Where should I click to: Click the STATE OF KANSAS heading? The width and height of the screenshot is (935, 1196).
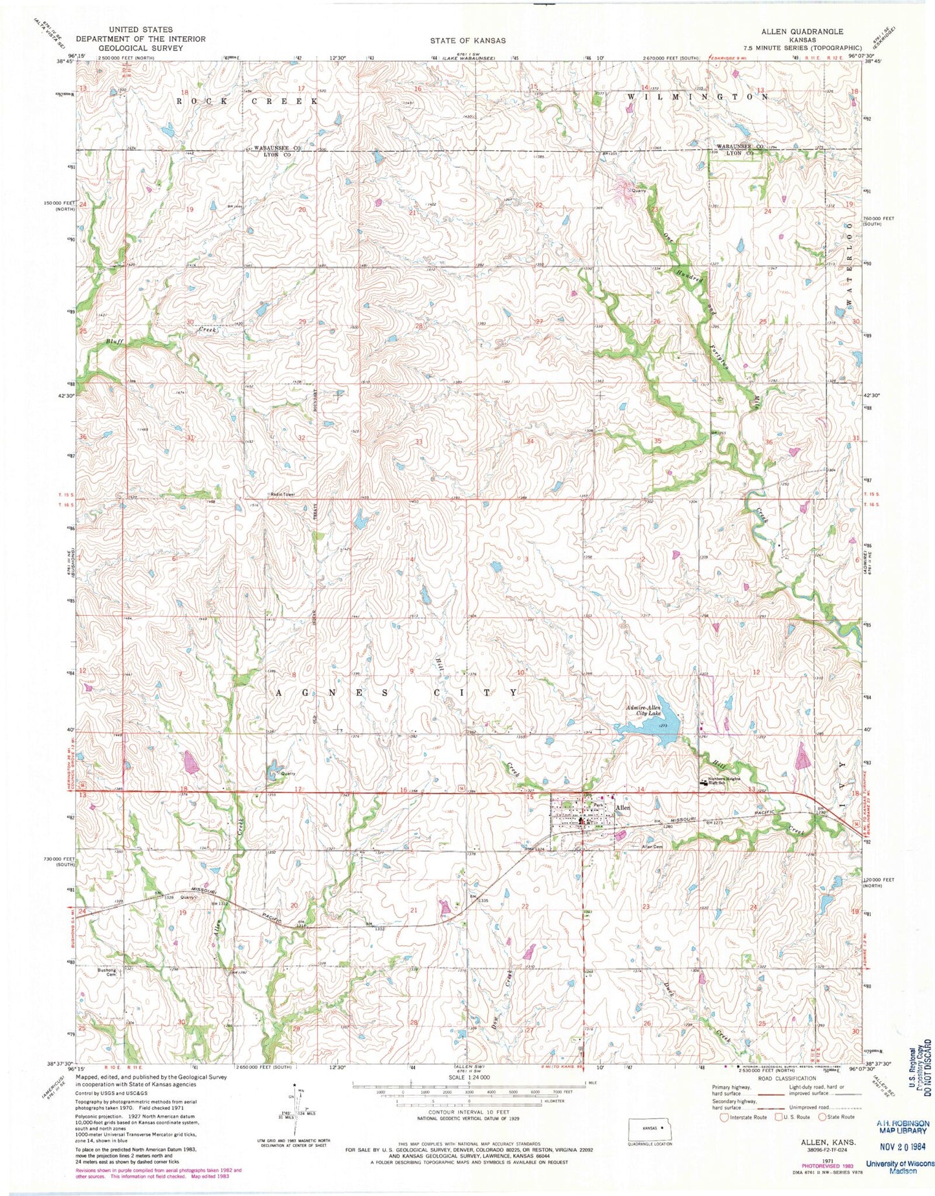(x=468, y=40)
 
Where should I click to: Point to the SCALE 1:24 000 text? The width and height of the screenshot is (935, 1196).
(x=469, y=1077)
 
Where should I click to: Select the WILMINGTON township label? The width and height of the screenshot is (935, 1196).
(x=698, y=96)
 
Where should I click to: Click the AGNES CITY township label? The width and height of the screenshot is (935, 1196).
(x=398, y=693)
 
